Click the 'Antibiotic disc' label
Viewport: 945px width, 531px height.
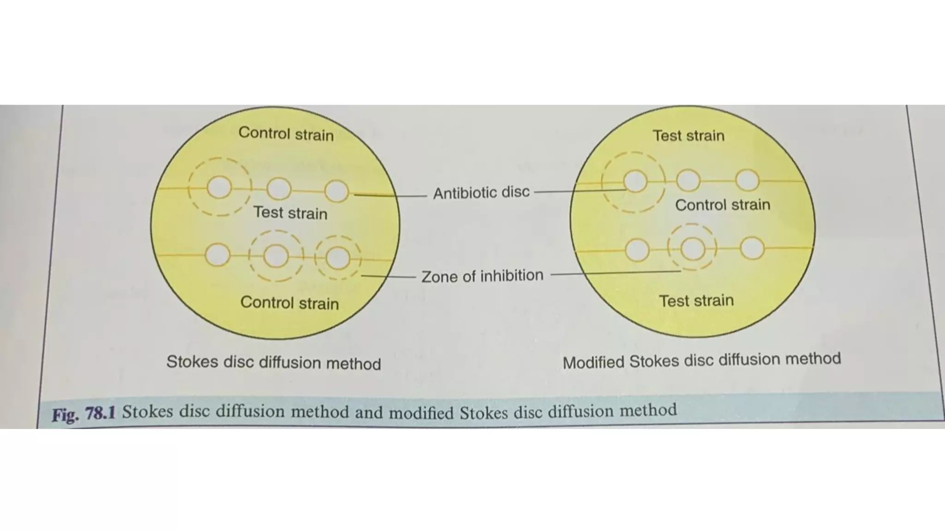pyautogui.click(x=481, y=192)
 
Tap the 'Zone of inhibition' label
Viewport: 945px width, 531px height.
pyautogui.click(x=482, y=276)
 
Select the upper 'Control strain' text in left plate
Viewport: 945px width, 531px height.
pyautogui.click(x=286, y=134)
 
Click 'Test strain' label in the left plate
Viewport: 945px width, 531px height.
pyautogui.click(x=290, y=212)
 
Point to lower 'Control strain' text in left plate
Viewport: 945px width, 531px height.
pyautogui.click(x=289, y=303)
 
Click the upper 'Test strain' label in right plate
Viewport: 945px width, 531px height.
pyautogui.click(x=688, y=136)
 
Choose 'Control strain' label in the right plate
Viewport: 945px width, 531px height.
pyautogui.click(x=722, y=205)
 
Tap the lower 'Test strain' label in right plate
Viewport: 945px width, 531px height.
pyautogui.click(x=696, y=301)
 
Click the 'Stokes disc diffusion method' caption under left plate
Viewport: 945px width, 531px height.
pyautogui.click(x=274, y=362)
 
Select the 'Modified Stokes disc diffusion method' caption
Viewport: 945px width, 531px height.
pyautogui.click(x=701, y=360)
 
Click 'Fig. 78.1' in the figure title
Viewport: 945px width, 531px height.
pyautogui.click(x=84, y=413)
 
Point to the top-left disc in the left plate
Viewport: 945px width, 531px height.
pyautogui.click(x=219, y=187)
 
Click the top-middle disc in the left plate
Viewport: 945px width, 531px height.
pyautogui.click(x=279, y=189)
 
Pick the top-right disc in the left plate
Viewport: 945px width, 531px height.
pyautogui.click(x=336, y=191)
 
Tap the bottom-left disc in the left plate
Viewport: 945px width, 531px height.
pyautogui.click(x=217, y=255)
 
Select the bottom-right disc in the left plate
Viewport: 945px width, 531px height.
pyautogui.click(x=338, y=258)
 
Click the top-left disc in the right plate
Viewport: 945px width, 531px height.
pyautogui.click(x=635, y=181)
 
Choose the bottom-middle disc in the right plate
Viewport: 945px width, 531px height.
pyautogui.click(x=693, y=249)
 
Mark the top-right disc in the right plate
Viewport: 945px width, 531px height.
pyautogui.click(x=747, y=180)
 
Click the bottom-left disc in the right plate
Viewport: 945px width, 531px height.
pyautogui.click(x=637, y=250)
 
